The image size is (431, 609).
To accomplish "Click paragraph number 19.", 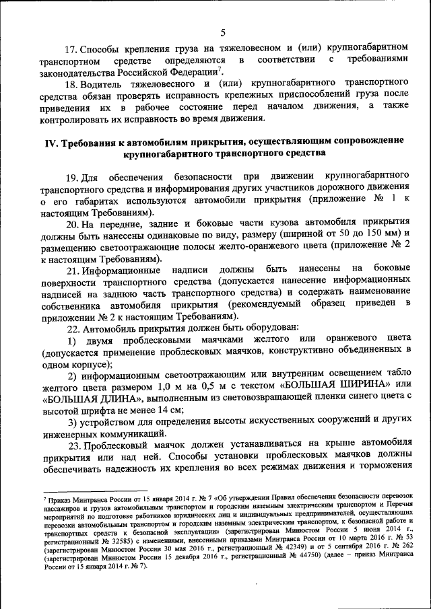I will click(x=71, y=176).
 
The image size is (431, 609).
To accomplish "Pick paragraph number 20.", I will click(x=71, y=223).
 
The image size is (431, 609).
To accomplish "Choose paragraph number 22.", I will click(x=71, y=328).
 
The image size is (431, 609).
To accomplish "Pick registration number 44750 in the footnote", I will click(x=290, y=557).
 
